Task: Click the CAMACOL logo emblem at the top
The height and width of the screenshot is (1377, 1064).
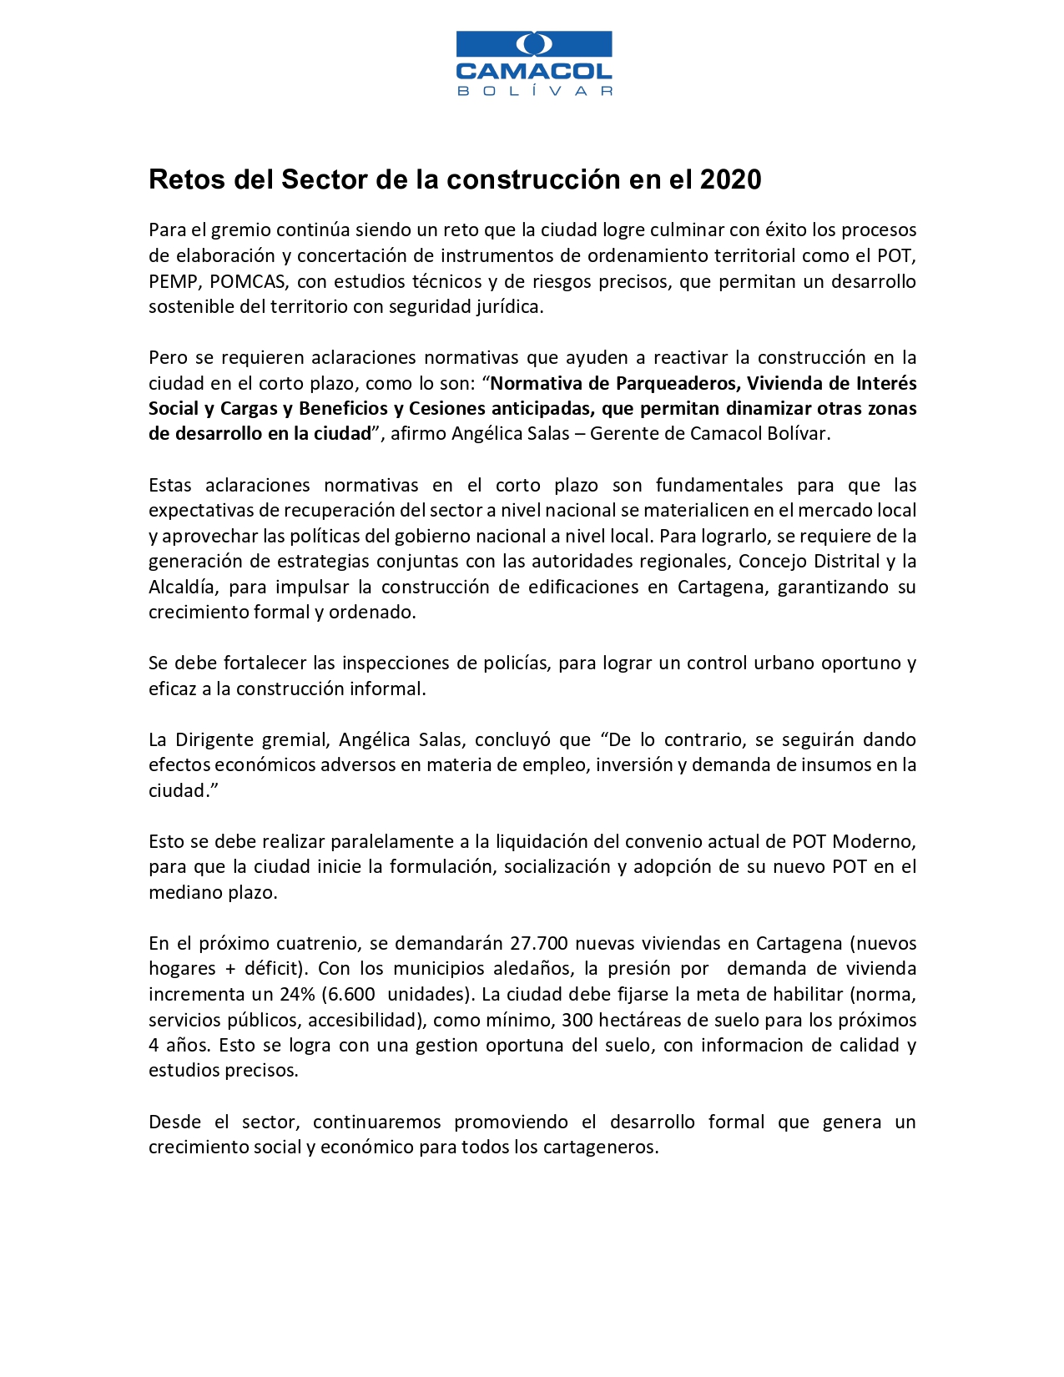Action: (x=534, y=43)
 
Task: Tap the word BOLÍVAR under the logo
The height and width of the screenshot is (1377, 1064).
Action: (x=534, y=91)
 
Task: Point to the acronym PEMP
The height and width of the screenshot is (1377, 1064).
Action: (x=173, y=281)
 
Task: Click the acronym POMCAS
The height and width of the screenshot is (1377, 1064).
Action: (x=248, y=281)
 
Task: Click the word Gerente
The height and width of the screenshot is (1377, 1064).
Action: (x=624, y=434)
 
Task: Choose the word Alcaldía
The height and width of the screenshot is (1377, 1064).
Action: (x=183, y=587)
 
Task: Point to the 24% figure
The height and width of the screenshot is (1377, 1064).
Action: (x=298, y=994)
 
